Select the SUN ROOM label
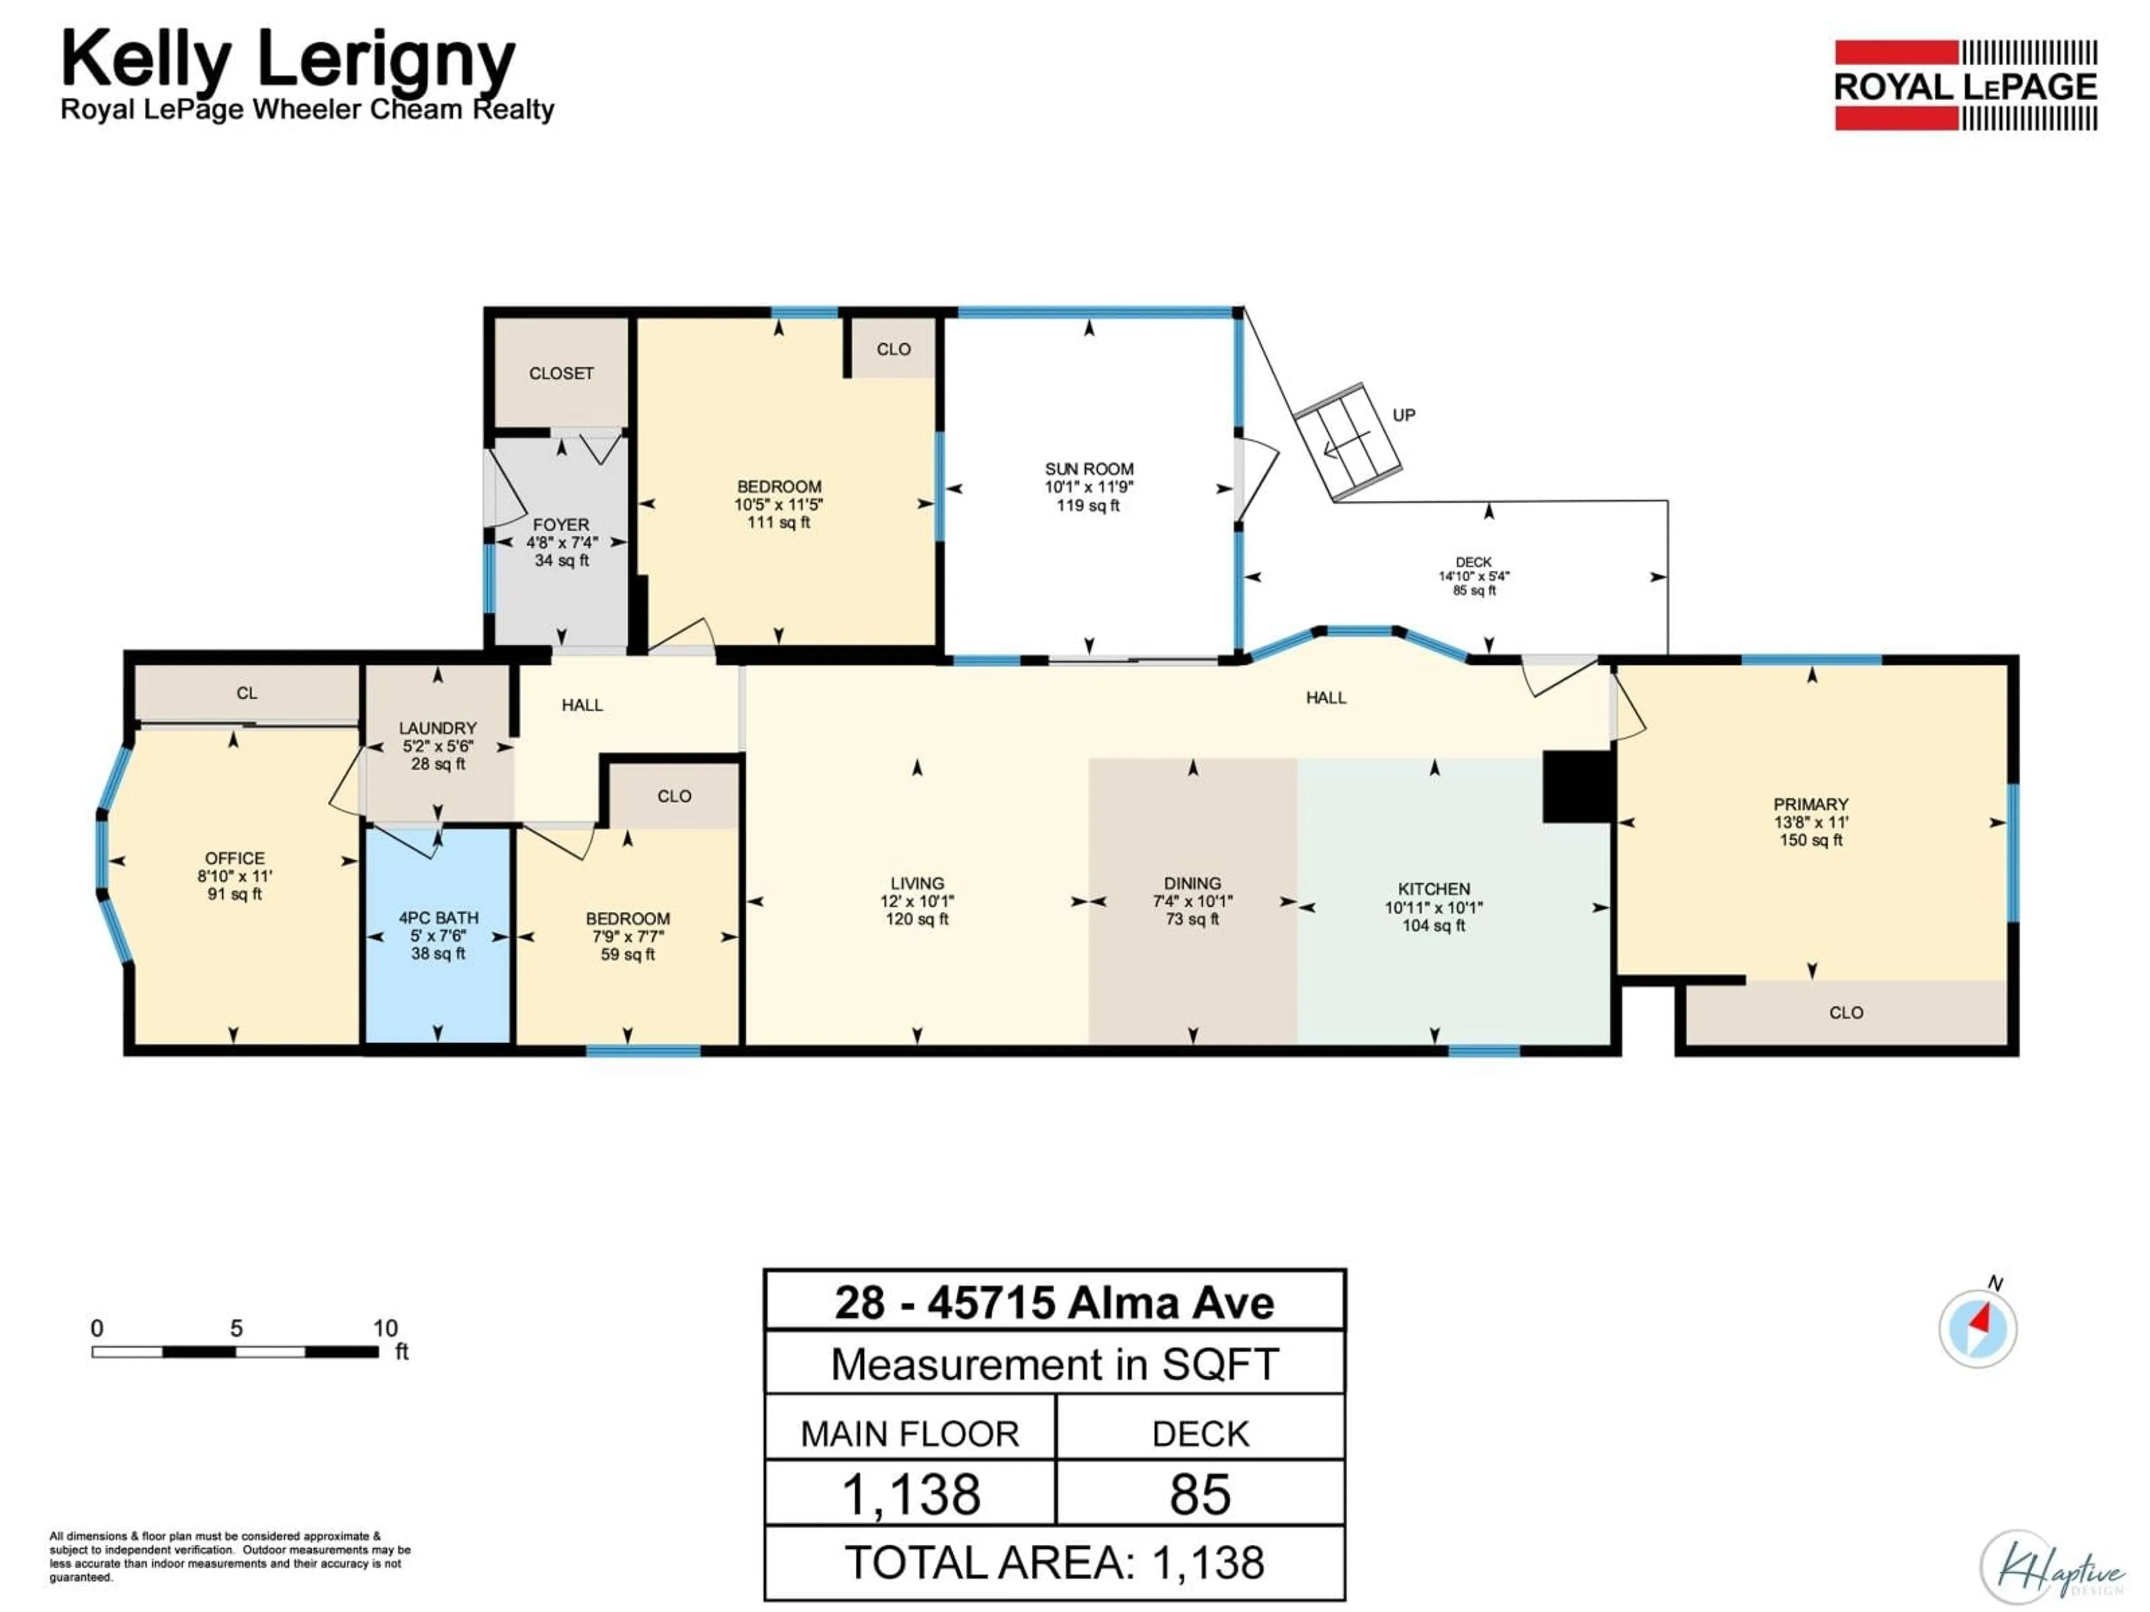point(1088,468)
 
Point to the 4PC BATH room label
point(438,917)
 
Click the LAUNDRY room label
point(437,728)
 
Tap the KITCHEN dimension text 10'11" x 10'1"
point(1434,907)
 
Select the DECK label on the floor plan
point(1474,561)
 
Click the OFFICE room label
point(234,858)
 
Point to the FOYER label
point(561,524)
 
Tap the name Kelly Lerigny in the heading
point(288,60)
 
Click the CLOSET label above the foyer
point(561,373)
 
